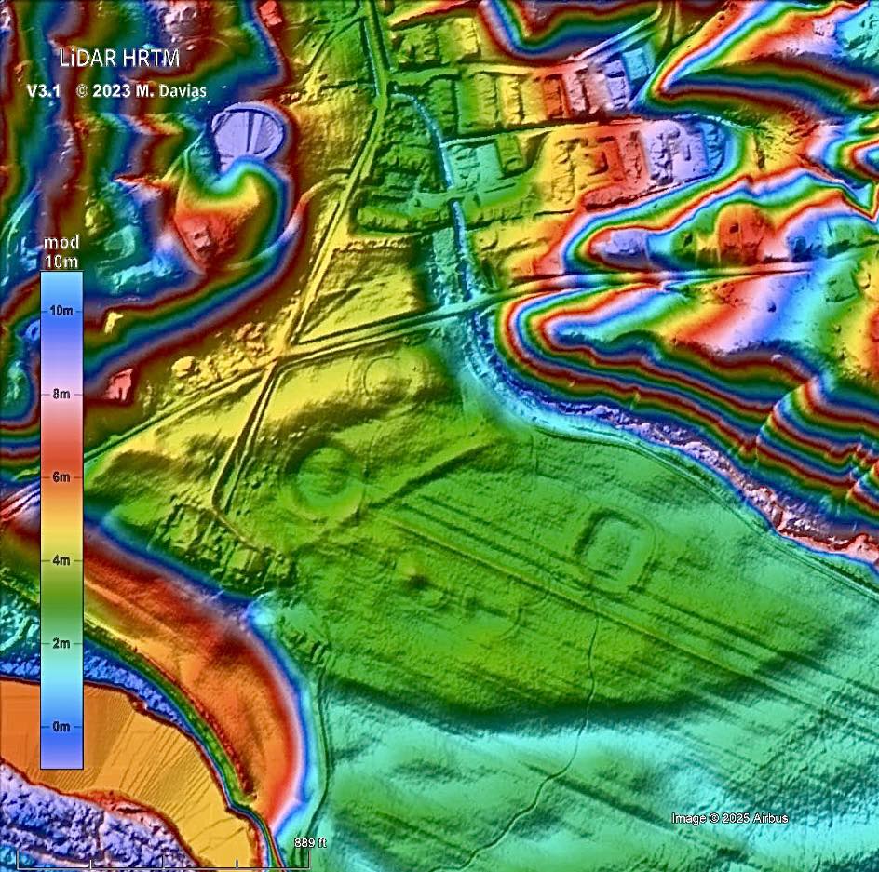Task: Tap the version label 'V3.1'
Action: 43,91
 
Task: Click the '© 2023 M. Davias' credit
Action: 141,91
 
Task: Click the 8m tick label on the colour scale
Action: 61,394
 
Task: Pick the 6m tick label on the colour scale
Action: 61,477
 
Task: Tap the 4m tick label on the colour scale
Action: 61,560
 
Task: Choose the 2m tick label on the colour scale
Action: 61,643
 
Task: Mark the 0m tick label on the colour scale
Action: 61,726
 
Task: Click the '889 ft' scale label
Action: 310,843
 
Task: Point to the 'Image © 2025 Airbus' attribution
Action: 729,818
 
